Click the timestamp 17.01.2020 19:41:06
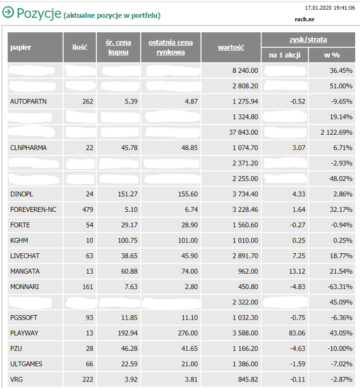[x=330, y=8]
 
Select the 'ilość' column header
[x=80, y=47]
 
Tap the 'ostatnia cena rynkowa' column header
[x=170, y=47]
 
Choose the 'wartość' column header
[x=231, y=47]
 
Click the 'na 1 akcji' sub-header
[x=285, y=55]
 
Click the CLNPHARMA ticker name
[x=28, y=148]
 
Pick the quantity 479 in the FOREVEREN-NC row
[x=87, y=210]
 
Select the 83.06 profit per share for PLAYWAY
[x=297, y=333]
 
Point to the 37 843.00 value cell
[x=243, y=132]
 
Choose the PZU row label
[x=16, y=349]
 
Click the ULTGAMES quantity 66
[x=89, y=364]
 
